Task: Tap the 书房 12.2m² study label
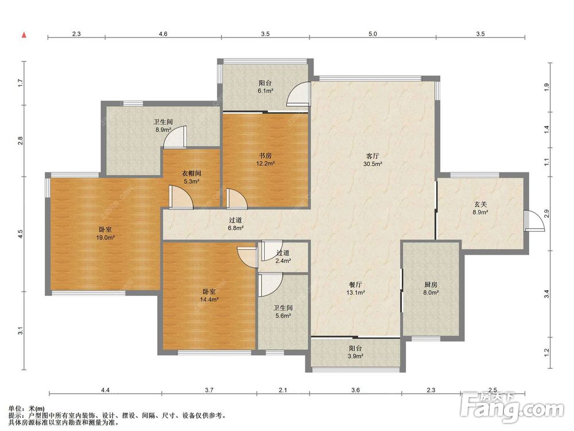[265, 159]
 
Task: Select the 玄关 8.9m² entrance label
[480, 208]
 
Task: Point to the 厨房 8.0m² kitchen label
[431, 288]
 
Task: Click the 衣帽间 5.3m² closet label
[192, 177]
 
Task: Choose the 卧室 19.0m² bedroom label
[105, 233]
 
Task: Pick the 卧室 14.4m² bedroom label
[209, 295]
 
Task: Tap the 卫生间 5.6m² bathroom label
[282, 311]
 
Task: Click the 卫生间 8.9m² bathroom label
[162, 125]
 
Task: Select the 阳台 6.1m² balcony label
[265, 87]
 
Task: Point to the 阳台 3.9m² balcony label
[355, 352]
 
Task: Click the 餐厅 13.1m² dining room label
[355, 288]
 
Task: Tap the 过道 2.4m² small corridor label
[283, 256]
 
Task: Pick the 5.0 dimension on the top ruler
[373, 34]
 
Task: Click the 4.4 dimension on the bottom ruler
[106, 390]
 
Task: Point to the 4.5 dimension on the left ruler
[21, 234]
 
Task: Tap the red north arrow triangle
[24, 35]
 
